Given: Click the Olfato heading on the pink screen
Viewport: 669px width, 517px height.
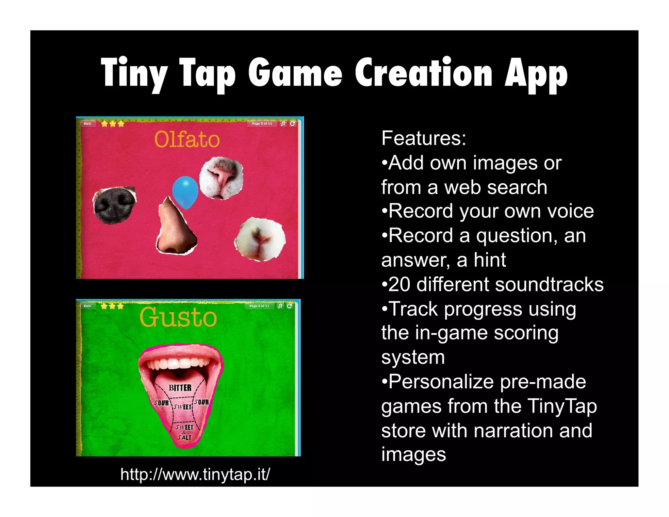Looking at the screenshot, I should [x=187, y=140].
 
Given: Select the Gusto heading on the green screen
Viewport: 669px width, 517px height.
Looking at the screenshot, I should [x=178, y=317].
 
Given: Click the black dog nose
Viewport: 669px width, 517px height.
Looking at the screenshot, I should [x=114, y=205].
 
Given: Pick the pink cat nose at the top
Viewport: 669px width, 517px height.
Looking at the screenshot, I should [x=221, y=177].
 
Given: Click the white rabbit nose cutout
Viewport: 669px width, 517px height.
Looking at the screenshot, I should [x=260, y=239].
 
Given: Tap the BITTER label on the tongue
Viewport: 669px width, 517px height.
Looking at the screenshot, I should [x=180, y=388].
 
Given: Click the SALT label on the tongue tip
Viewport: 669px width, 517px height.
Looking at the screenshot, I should [x=184, y=437].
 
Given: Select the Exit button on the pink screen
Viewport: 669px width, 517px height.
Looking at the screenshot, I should [x=88, y=124].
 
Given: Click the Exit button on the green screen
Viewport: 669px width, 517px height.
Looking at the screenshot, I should [x=87, y=306].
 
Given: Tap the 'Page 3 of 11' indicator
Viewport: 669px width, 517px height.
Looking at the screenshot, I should [x=262, y=124].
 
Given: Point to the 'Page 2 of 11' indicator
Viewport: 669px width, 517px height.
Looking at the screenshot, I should [x=259, y=306].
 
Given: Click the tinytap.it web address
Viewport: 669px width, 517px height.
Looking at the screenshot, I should [x=195, y=474].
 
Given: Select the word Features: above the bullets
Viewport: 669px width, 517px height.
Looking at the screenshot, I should [x=424, y=138].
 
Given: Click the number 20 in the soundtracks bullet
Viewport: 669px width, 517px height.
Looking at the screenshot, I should [x=399, y=284].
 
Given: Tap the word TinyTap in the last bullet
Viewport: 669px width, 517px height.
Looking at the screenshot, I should [x=562, y=406].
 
